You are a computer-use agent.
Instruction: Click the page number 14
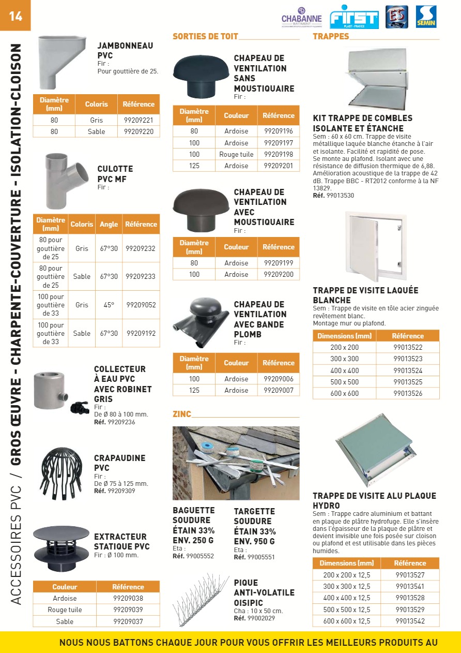[16, 16]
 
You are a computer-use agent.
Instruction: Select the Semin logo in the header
[426, 17]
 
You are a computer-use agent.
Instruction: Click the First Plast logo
[354, 17]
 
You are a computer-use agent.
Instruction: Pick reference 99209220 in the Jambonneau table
[139, 131]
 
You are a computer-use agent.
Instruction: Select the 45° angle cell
[109, 305]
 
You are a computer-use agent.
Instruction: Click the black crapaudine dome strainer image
[61, 471]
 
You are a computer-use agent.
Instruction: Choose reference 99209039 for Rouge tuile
[128, 610]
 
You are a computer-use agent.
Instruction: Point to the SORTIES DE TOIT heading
[205, 36]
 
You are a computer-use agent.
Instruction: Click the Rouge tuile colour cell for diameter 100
[236, 154]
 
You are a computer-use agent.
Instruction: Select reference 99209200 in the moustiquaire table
[278, 274]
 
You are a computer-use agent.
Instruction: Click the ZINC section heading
[182, 414]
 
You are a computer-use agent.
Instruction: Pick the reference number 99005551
[261, 557]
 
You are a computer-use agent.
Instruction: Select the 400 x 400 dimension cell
[344, 370]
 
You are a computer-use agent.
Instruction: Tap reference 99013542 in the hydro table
[410, 621]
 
